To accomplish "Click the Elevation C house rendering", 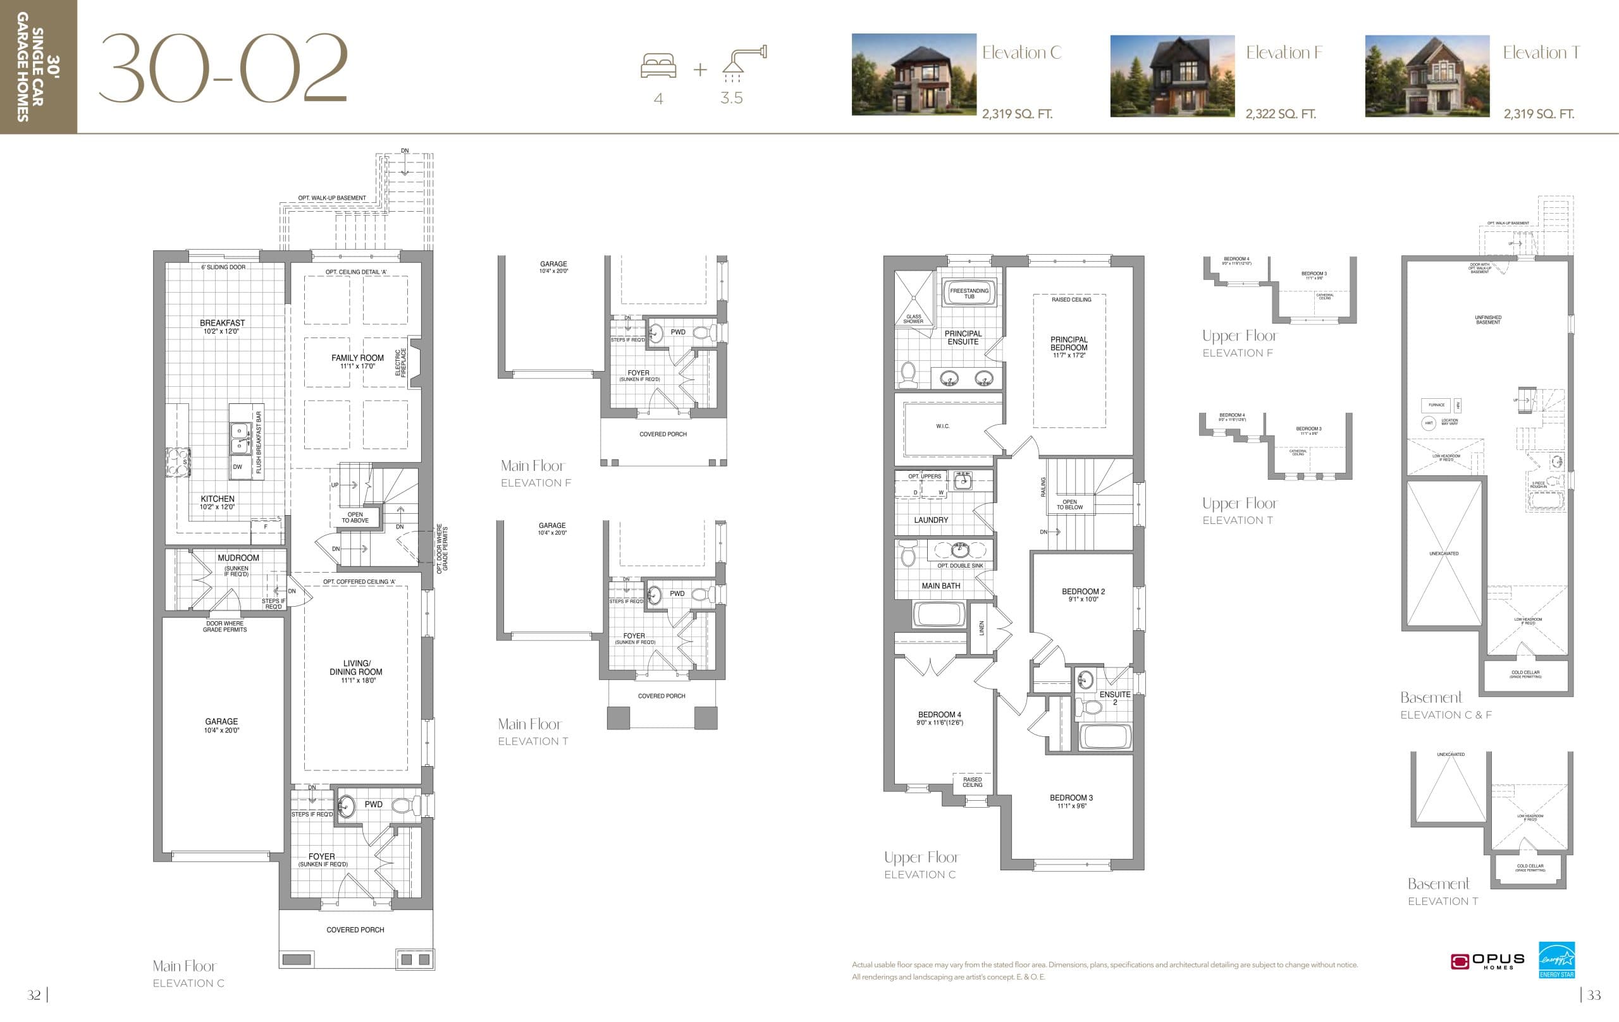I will (x=914, y=75).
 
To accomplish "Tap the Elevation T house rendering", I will (x=1427, y=76).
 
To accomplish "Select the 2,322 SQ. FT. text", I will (x=1280, y=114).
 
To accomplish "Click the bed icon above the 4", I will (x=658, y=66).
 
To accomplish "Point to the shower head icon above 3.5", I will (x=744, y=60).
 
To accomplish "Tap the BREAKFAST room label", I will (x=222, y=323).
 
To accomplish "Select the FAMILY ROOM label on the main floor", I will (x=357, y=358).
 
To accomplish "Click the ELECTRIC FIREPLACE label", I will (x=401, y=363).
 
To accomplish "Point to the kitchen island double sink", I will (x=238, y=437).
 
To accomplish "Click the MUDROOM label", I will (x=238, y=557).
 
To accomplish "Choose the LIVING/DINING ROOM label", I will (x=355, y=667).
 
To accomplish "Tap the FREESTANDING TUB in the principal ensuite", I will (x=969, y=293).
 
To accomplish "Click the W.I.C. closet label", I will (x=942, y=426).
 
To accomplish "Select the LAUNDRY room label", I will (x=930, y=520).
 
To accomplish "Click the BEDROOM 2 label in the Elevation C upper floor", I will (x=1083, y=592).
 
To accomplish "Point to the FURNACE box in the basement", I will (x=1436, y=405).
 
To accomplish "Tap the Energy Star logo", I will (x=1556, y=959).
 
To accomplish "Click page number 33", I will (x=1594, y=995).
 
